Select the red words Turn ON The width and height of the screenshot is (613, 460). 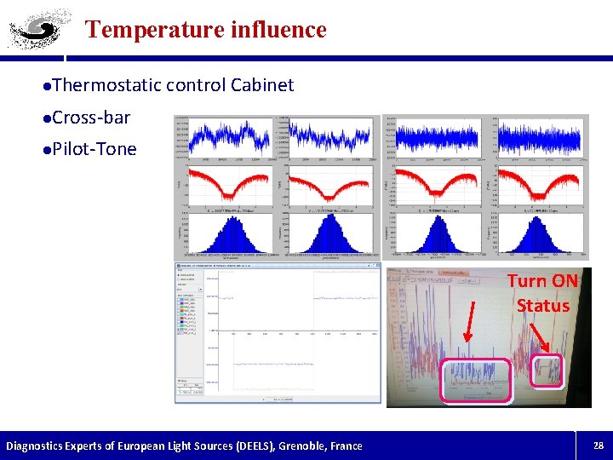tap(542, 281)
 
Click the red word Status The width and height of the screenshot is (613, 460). tap(542, 305)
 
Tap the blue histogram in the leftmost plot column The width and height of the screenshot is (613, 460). tap(226, 235)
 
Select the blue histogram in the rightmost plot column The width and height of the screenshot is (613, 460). tap(540, 235)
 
